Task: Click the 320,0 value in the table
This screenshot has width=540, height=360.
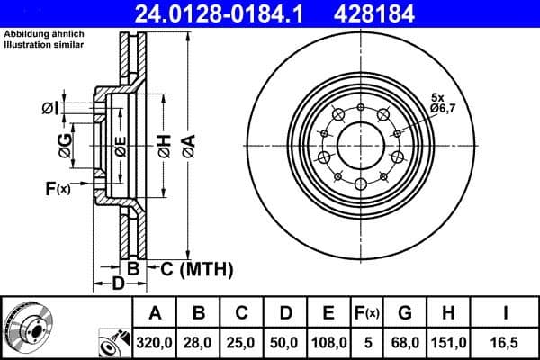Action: (x=155, y=343)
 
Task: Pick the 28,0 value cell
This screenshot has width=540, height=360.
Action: (x=199, y=343)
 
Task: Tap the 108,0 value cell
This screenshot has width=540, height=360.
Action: (x=328, y=343)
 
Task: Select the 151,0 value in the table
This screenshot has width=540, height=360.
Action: (x=447, y=343)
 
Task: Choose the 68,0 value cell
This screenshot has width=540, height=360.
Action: (x=405, y=343)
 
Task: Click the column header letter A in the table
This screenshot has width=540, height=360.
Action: (x=155, y=314)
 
